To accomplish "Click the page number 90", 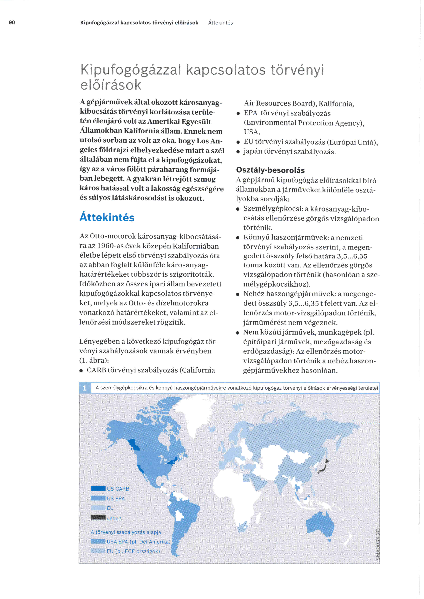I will (x=12, y=22).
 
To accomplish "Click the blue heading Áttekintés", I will (x=107, y=217).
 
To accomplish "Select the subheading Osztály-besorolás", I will (x=270, y=170).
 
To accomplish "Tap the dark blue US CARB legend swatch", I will (x=98, y=488).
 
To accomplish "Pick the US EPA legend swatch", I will (x=98, y=498).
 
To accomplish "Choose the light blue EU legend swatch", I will (x=98, y=508).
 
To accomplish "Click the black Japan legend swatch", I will (x=98, y=517).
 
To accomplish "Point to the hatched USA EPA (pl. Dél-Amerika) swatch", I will (x=98, y=541).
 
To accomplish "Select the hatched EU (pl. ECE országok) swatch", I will (x=98, y=551).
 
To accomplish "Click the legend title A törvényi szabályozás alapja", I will (x=126, y=532).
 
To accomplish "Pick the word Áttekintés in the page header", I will (x=220, y=23).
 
